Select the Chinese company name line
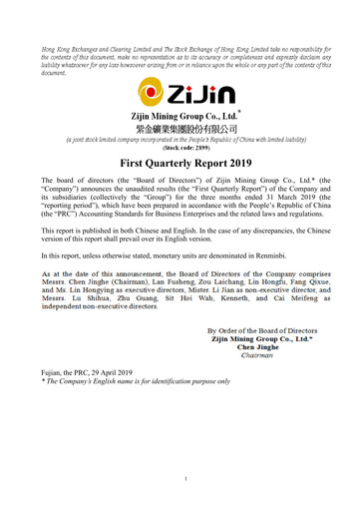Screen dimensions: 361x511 pos(180,130)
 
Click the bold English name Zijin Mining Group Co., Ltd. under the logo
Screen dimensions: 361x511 pos(180,116)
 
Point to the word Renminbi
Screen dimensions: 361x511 pos(295,255)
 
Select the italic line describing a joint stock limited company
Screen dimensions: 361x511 pos(180,139)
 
